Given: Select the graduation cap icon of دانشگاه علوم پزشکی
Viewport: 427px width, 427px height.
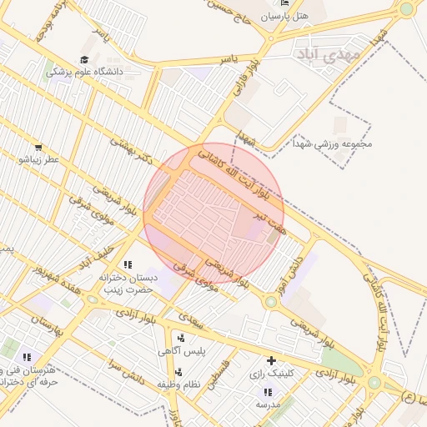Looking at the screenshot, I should (x=84, y=59).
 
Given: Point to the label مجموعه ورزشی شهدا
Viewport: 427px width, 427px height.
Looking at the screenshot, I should (x=332, y=143).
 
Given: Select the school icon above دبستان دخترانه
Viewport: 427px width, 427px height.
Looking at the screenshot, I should (x=127, y=264).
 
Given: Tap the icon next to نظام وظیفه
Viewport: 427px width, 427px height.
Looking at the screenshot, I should (x=178, y=371).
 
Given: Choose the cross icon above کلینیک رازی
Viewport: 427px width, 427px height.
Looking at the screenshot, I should (x=271, y=361).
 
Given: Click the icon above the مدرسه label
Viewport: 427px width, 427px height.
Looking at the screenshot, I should (x=268, y=392).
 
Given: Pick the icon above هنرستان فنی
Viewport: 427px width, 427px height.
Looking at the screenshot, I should (x=28, y=357).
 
